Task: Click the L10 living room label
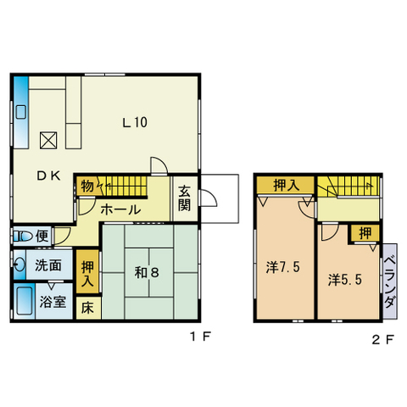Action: (x=135, y=122)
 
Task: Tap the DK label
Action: (x=48, y=176)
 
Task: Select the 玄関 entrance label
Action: (x=184, y=198)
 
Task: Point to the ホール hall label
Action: (x=120, y=209)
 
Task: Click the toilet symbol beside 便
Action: (x=24, y=236)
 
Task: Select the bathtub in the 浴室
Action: (x=24, y=301)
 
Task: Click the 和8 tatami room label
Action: (x=147, y=272)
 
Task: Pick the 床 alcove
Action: (x=88, y=308)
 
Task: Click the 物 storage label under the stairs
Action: (x=87, y=187)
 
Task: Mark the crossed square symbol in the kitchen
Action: (x=48, y=140)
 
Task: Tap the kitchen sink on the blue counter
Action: (x=21, y=112)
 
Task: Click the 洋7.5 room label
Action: (x=282, y=267)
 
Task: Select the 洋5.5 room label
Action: (x=345, y=280)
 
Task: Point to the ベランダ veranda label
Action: (x=390, y=282)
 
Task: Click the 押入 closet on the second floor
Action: (x=286, y=185)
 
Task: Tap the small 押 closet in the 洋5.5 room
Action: (x=365, y=233)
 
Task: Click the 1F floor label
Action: (x=200, y=337)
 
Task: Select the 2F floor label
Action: (x=382, y=339)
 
